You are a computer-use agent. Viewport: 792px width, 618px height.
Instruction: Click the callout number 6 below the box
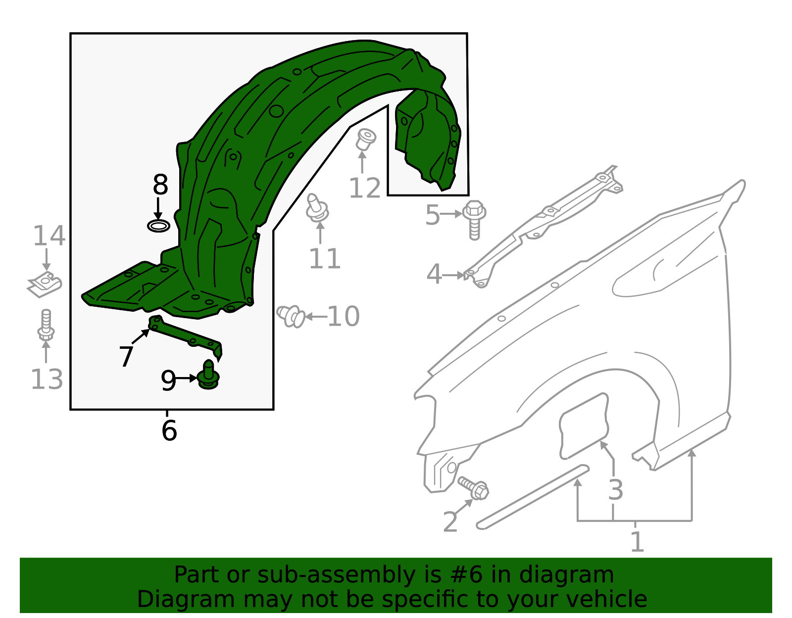pos(169,430)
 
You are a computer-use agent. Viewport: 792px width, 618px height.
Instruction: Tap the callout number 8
pos(160,186)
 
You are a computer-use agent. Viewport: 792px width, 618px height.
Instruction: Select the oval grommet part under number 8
pos(159,227)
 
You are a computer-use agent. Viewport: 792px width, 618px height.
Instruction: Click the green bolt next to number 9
pos(208,376)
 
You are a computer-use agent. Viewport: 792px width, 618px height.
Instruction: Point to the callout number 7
pos(126,356)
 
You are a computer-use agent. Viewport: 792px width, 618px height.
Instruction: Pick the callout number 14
pos(49,236)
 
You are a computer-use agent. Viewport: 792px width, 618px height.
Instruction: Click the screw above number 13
pos(46,325)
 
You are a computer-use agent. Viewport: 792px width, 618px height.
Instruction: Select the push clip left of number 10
pos(291,316)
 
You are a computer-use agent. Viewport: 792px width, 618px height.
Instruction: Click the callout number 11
pos(325,259)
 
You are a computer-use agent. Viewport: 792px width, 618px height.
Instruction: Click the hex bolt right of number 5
pos(474,219)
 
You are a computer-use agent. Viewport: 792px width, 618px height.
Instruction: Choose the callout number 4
pos(434,275)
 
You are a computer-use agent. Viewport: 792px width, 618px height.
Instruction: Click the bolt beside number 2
pos(474,488)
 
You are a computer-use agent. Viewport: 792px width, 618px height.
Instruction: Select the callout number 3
pos(615,490)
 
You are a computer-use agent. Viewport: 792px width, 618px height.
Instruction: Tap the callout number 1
pos(637,542)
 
